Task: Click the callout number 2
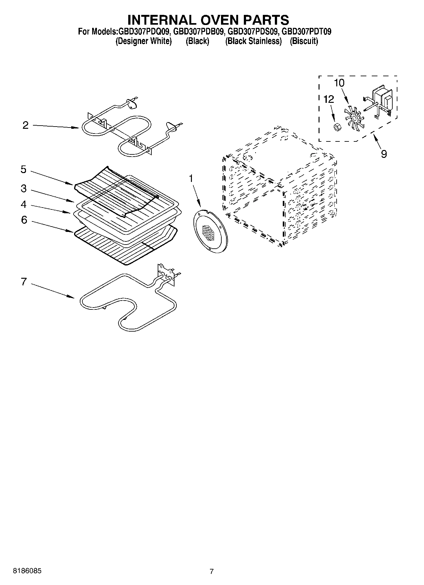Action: [26, 125]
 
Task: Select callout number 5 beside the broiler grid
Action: [23, 170]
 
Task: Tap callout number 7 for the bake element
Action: [24, 282]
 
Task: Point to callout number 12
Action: [329, 99]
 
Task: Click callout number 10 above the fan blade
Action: [339, 83]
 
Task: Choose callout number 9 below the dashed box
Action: [383, 154]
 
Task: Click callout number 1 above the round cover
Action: [191, 179]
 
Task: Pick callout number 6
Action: [24, 220]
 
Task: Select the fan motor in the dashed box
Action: [383, 100]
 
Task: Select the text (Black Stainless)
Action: [253, 41]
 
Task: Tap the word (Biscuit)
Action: [304, 41]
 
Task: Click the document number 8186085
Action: [27, 571]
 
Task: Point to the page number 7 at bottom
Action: [212, 571]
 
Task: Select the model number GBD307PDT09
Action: [307, 32]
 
